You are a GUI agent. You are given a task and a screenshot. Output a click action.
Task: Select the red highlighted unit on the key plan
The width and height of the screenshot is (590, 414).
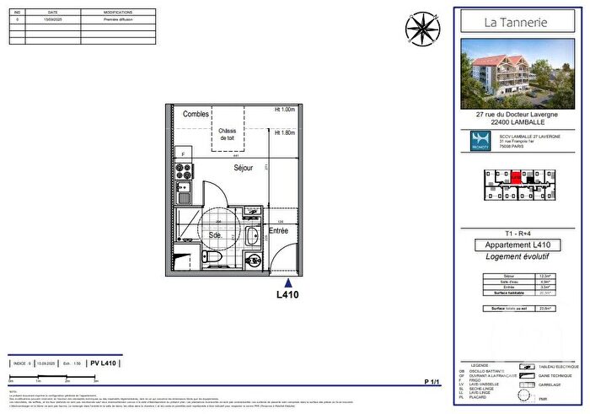pos(516,177)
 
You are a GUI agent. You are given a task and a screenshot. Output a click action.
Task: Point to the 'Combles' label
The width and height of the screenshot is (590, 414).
pos(196,114)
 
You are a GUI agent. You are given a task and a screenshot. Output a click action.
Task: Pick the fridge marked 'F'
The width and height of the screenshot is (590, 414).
pos(183,155)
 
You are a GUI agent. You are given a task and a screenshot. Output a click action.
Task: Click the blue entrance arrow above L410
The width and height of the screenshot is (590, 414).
pos(288,283)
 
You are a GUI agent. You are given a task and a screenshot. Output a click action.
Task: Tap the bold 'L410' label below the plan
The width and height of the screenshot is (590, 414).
pos(288,295)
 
